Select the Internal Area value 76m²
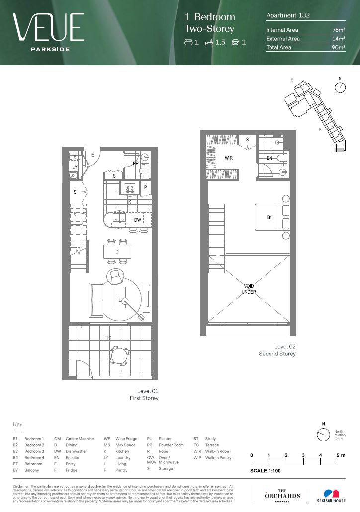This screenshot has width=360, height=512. (x=339, y=30)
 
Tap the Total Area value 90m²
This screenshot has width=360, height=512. (x=339, y=47)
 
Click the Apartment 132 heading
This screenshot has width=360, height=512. (x=288, y=15)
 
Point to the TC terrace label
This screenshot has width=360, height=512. (x=108, y=338)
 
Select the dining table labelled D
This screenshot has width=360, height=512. (x=117, y=252)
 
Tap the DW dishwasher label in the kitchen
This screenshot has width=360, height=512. (x=137, y=220)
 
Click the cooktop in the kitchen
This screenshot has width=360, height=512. (x=130, y=188)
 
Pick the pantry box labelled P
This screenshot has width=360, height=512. (x=146, y=188)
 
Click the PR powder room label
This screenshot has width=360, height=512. (x=135, y=163)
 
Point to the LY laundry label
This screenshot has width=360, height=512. (x=74, y=167)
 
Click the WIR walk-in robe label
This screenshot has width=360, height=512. (x=229, y=158)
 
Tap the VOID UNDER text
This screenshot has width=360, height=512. (x=249, y=289)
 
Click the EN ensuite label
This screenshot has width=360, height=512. (x=270, y=158)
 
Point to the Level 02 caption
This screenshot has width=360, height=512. (x=284, y=346)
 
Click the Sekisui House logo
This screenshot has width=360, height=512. (x=328, y=495)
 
